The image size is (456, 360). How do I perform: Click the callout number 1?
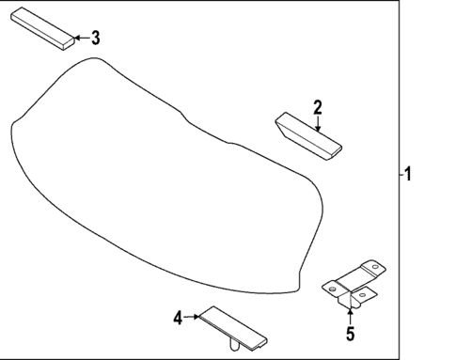click(408, 173)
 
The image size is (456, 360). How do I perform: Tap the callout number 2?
click(318, 106)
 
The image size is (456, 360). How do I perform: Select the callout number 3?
click(94, 38)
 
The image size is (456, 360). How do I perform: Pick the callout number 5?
click(350, 333)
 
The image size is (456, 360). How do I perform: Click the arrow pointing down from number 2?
click(318, 121)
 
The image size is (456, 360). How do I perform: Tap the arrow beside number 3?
click(79, 38)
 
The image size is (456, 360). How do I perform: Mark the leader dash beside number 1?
click(399, 173)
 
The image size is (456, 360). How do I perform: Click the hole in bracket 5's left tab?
click(332, 284)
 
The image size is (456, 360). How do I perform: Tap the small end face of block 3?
click(67, 39)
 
